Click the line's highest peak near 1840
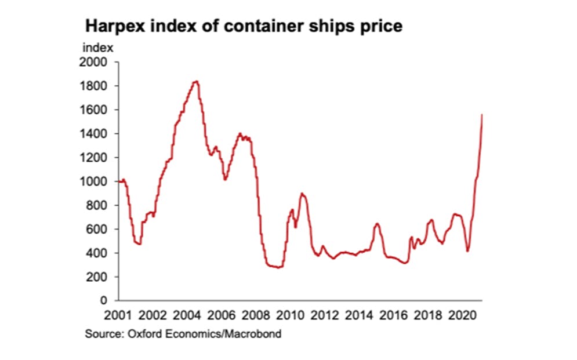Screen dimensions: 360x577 click(x=196, y=81)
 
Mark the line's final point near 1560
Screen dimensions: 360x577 click(x=482, y=115)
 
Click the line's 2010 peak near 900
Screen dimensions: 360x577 click(x=302, y=193)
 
